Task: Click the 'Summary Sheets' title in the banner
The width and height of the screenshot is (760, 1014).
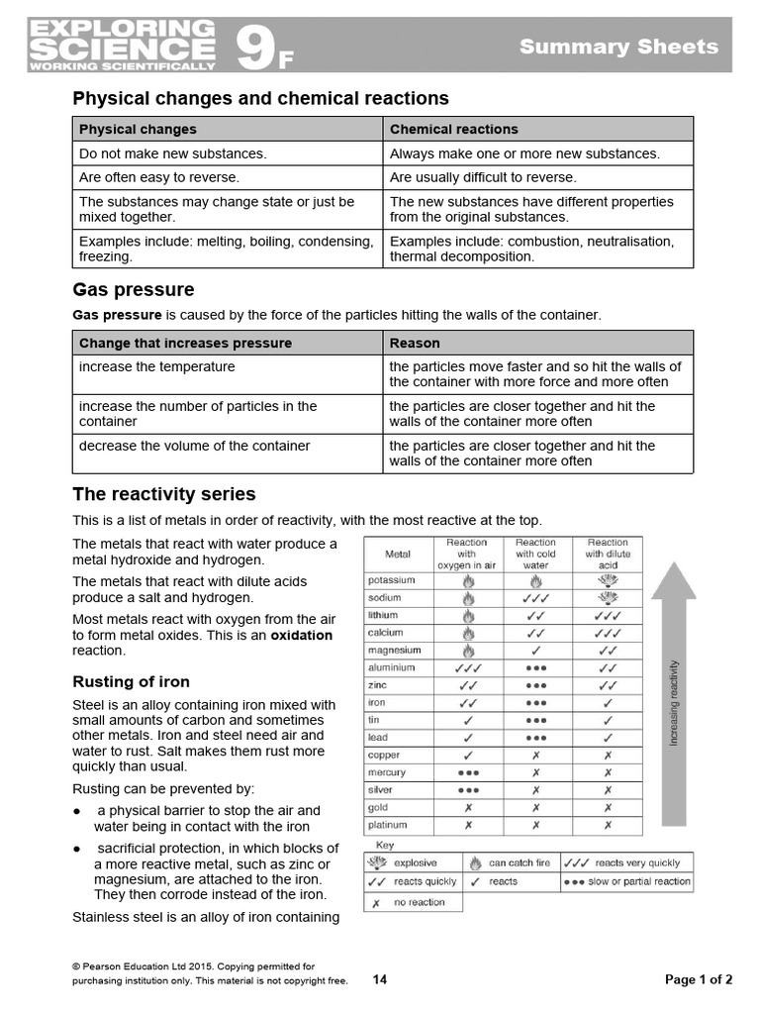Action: pos(619,47)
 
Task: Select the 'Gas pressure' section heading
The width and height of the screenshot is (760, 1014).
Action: pos(134,289)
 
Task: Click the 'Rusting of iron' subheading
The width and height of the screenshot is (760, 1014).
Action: pos(131,681)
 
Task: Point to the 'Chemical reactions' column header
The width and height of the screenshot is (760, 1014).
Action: pos(453,129)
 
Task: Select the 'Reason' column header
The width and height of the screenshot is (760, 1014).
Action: pos(415,343)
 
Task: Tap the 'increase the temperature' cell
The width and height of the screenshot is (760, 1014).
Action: pos(156,366)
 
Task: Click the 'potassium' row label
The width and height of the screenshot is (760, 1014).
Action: pos(392,580)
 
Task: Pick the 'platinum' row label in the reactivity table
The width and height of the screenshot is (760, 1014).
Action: pos(388,825)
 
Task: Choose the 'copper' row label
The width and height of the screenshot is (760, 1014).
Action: pos(384,755)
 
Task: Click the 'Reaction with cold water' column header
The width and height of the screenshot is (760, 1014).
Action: pos(535,554)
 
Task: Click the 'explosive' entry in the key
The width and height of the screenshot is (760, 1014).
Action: pos(415,862)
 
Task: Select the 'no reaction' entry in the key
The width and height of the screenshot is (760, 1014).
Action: pos(419,902)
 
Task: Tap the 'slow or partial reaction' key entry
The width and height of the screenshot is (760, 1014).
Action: pos(638,881)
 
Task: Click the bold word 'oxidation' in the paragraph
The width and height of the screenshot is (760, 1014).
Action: pos(302,635)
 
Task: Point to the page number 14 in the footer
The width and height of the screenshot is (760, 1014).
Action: pos(380,979)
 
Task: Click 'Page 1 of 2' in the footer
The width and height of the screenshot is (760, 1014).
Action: pos(699,979)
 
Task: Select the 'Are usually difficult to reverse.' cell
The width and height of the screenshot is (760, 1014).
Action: pos(483,177)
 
